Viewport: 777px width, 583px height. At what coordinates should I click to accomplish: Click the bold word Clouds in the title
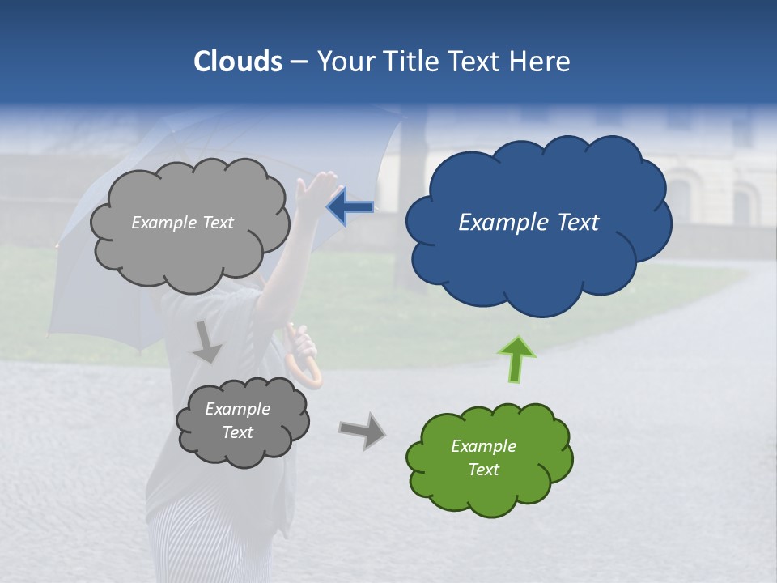[238, 62]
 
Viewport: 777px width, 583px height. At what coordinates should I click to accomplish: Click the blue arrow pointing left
[350, 207]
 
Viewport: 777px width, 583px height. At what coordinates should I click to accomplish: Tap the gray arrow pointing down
[206, 342]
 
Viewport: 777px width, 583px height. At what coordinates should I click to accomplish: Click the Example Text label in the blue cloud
[529, 223]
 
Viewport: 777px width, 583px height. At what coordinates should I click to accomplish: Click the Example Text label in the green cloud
[483, 457]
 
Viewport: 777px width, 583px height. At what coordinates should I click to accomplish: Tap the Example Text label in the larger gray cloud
[182, 223]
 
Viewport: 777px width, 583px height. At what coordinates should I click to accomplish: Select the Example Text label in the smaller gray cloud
[237, 420]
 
